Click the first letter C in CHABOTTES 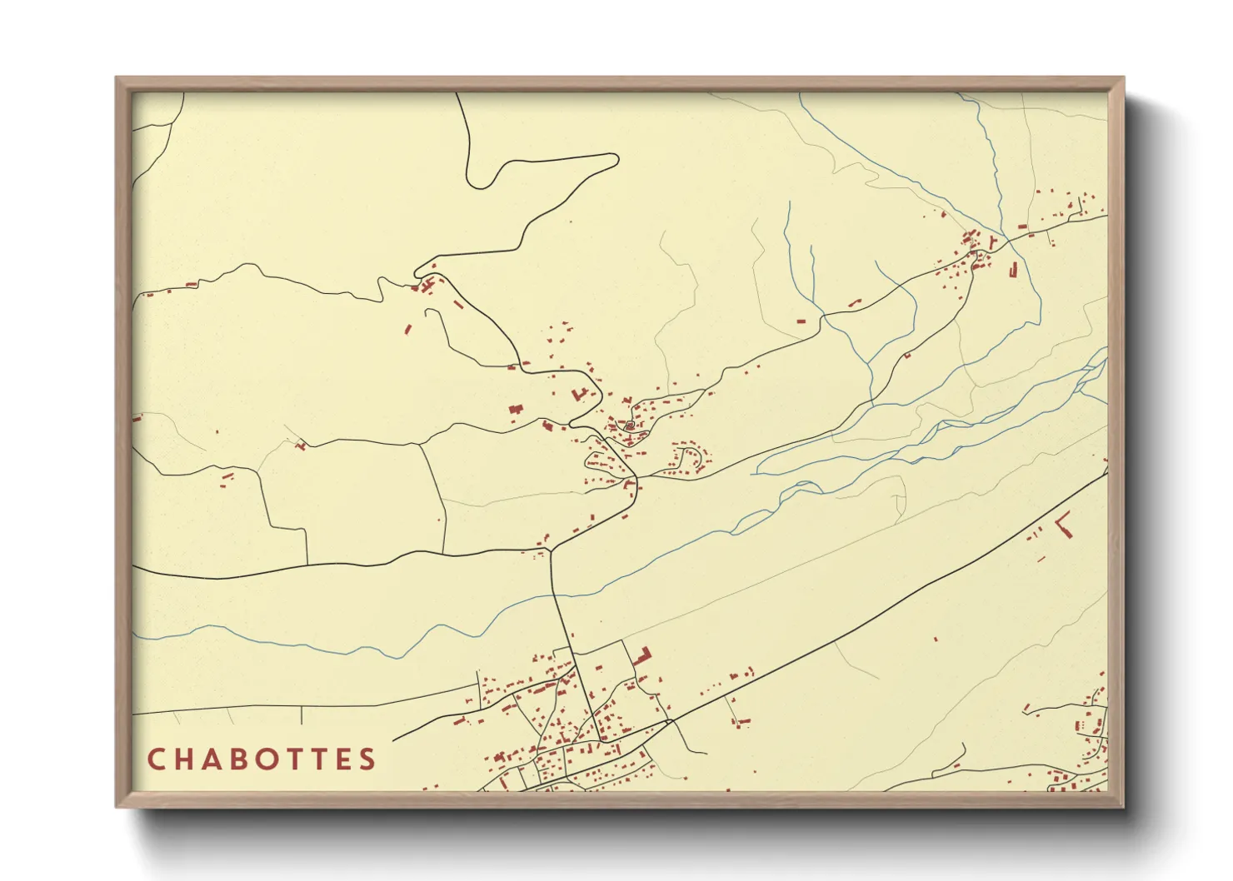pos(156,759)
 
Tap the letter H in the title pos(183,759)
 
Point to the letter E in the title pos(341,759)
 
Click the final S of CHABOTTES pos(367,759)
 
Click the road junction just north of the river pos(551,550)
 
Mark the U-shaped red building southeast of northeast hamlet pos(1013,269)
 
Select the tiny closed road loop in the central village pos(630,426)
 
